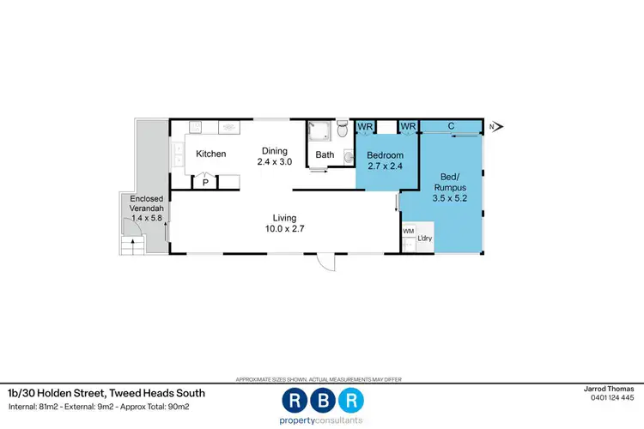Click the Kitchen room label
coord(210,154)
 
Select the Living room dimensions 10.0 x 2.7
coord(285,229)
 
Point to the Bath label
coord(325,155)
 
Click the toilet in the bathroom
coord(343,129)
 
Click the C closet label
coord(452,126)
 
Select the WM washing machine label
coord(408,231)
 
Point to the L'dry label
coord(425,238)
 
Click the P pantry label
coord(205,182)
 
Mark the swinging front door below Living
coord(326,263)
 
